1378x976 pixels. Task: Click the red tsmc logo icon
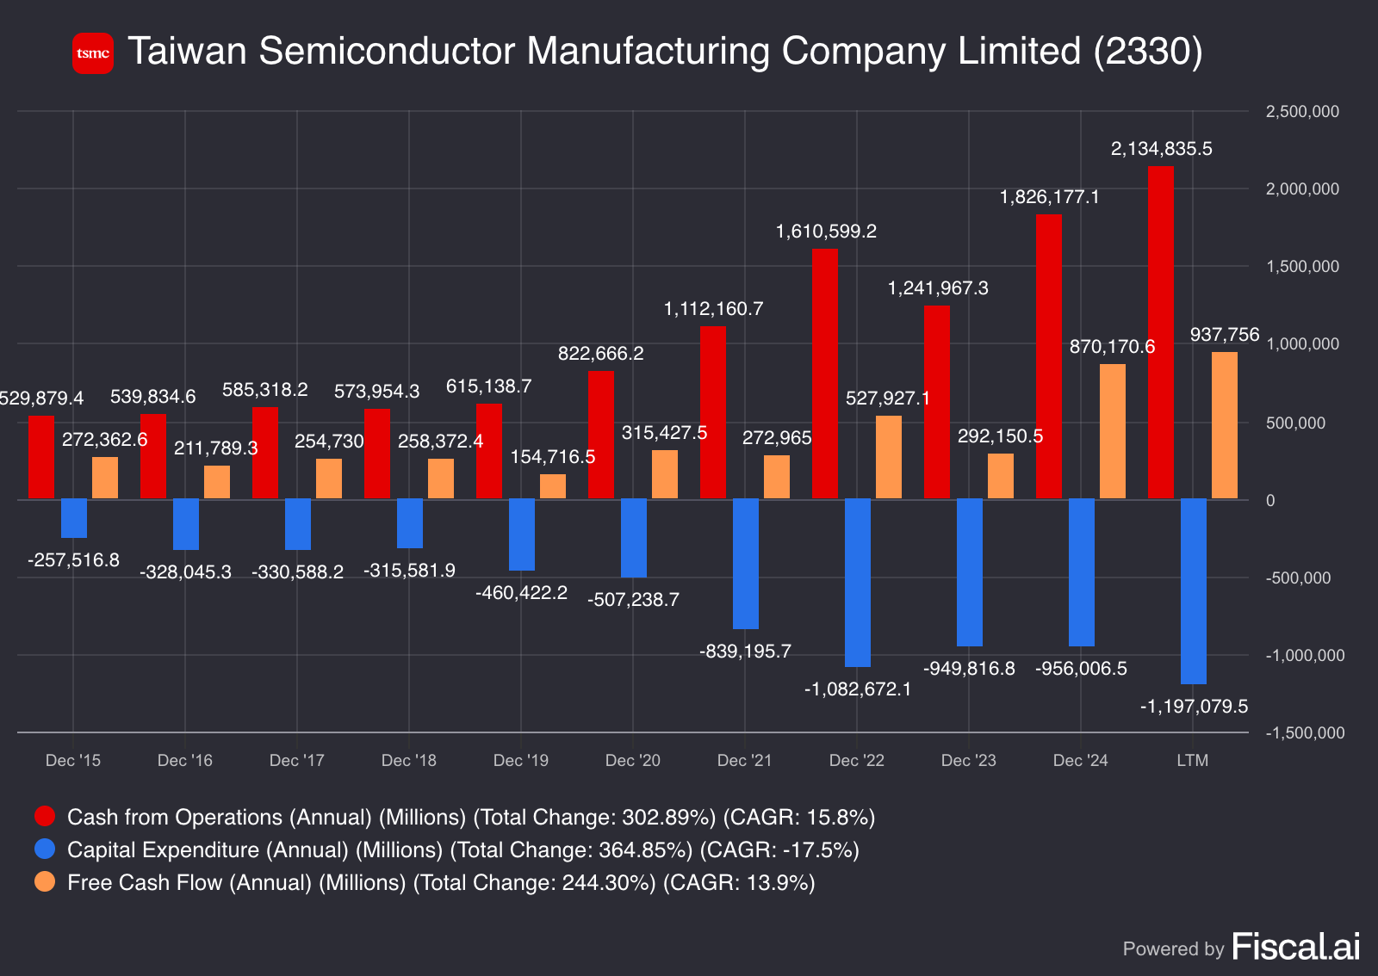(93, 53)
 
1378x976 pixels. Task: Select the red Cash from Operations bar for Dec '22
(825, 374)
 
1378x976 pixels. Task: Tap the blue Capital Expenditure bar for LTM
(1193, 590)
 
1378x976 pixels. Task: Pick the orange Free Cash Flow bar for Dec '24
(1113, 431)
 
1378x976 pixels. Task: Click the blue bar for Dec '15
(74, 518)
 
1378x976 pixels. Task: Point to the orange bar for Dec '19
(553, 486)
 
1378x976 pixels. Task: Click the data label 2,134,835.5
(1161, 149)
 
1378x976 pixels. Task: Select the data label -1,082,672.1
(857, 689)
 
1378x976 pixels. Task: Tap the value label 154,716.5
(553, 457)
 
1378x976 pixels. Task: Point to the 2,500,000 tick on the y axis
(1301, 112)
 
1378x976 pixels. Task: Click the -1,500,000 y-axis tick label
(1304, 733)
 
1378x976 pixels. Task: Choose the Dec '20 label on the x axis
(632, 761)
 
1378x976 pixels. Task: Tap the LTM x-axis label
(1192, 761)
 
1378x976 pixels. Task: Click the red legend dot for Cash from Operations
(45, 816)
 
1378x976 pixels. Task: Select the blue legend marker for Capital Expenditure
(45, 849)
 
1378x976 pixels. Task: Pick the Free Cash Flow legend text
(440, 883)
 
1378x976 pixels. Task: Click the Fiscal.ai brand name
(1295, 947)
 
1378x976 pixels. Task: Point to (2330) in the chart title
(1147, 52)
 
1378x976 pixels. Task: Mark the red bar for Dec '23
(937, 402)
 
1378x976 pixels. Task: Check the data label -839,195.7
(745, 652)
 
